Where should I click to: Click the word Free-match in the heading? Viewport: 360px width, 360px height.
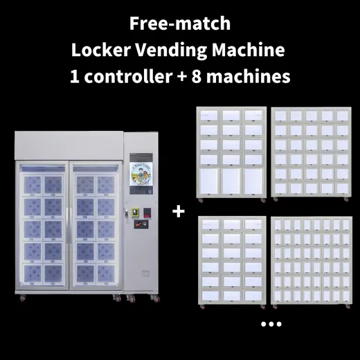(180, 24)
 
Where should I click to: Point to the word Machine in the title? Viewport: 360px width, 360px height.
(249, 50)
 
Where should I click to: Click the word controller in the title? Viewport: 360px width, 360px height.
(128, 76)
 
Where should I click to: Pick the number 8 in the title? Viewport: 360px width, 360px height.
(197, 77)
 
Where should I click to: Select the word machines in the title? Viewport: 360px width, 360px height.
(248, 76)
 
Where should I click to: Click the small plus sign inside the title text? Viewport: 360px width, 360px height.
(182, 77)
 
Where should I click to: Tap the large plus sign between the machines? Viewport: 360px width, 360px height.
(179, 211)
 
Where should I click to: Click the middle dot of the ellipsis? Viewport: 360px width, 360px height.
(271, 324)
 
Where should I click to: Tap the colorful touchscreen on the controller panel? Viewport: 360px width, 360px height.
(141, 174)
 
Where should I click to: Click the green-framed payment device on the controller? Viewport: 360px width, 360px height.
(135, 213)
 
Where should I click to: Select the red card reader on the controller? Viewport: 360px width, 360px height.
(147, 213)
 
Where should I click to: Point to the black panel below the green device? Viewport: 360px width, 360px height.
(141, 224)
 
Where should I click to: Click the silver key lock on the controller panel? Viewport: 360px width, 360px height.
(126, 213)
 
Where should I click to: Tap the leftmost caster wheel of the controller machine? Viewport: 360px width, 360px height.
(22, 298)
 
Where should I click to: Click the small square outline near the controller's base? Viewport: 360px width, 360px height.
(145, 273)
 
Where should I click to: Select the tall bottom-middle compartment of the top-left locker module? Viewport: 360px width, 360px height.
(231, 181)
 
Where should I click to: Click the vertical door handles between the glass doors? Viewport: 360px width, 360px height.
(69, 226)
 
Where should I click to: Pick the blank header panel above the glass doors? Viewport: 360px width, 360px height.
(69, 145)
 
